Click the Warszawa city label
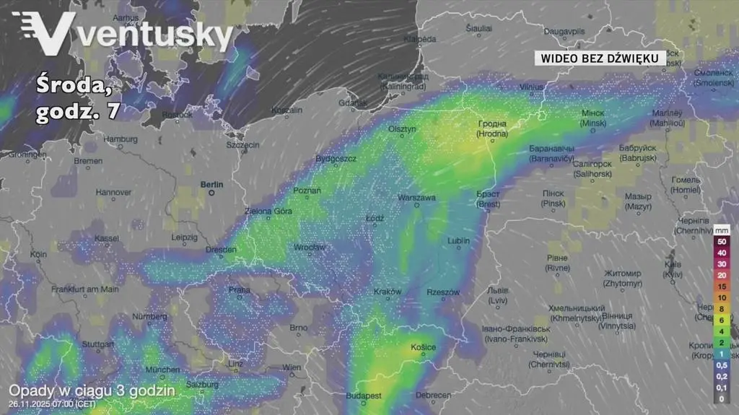tap(418, 197)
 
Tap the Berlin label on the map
tap(213, 185)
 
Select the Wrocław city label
tap(309, 248)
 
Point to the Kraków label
tap(388, 292)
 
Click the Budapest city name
tap(364, 396)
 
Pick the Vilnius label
tap(530, 87)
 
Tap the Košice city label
tap(423, 348)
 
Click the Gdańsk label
tap(352, 103)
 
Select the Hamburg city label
tap(121, 139)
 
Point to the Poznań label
tap(307, 191)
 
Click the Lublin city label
tap(458, 240)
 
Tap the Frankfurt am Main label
tap(85, 289)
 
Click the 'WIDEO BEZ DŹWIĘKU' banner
tap(600, 58)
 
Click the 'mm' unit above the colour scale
tap(722, 230)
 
